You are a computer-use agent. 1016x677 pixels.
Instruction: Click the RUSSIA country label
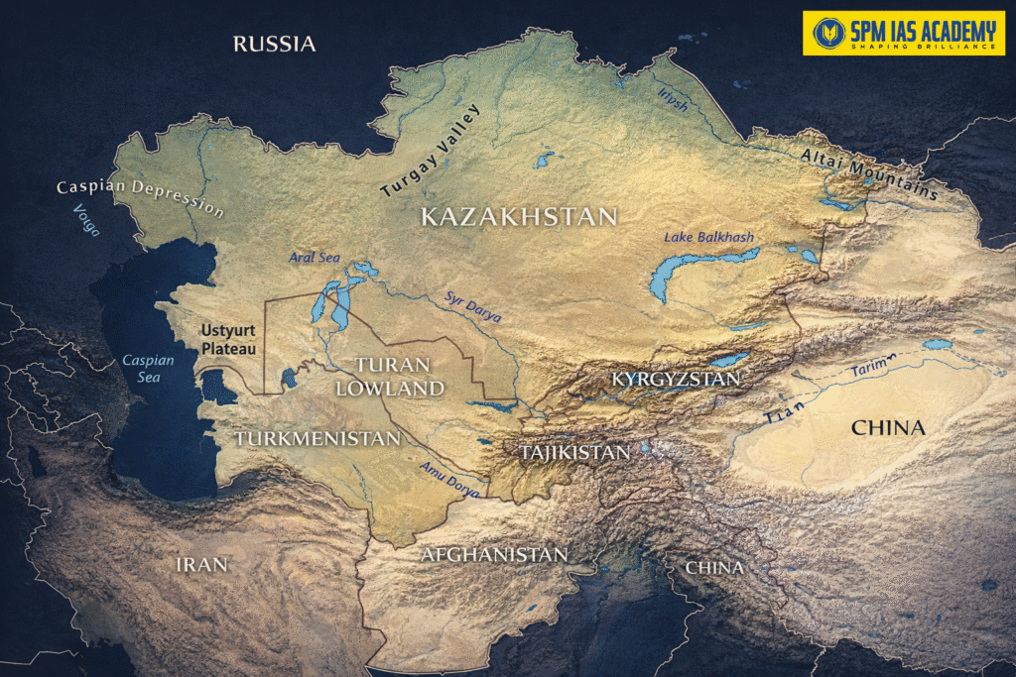(x=274, y=44)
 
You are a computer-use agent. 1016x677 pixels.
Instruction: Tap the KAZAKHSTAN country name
(x=519, y=217)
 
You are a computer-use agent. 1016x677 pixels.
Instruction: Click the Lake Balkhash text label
(x=709, y=237)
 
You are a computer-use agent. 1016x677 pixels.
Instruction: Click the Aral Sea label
(x=315, y=258)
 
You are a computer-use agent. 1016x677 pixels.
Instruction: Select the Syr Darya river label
(x=472, y=307)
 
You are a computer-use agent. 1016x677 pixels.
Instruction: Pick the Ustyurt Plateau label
(x=228, y=339)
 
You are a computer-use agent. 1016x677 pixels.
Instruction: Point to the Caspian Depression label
(x=140, y=197)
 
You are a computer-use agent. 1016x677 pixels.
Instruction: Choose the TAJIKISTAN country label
(x=575, y=452)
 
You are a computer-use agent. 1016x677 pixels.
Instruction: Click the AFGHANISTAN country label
(x=493, y=554)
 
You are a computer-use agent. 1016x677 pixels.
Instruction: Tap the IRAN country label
(x=201, y=564)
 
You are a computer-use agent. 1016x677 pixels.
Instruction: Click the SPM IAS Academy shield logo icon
(x=827, y=33)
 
